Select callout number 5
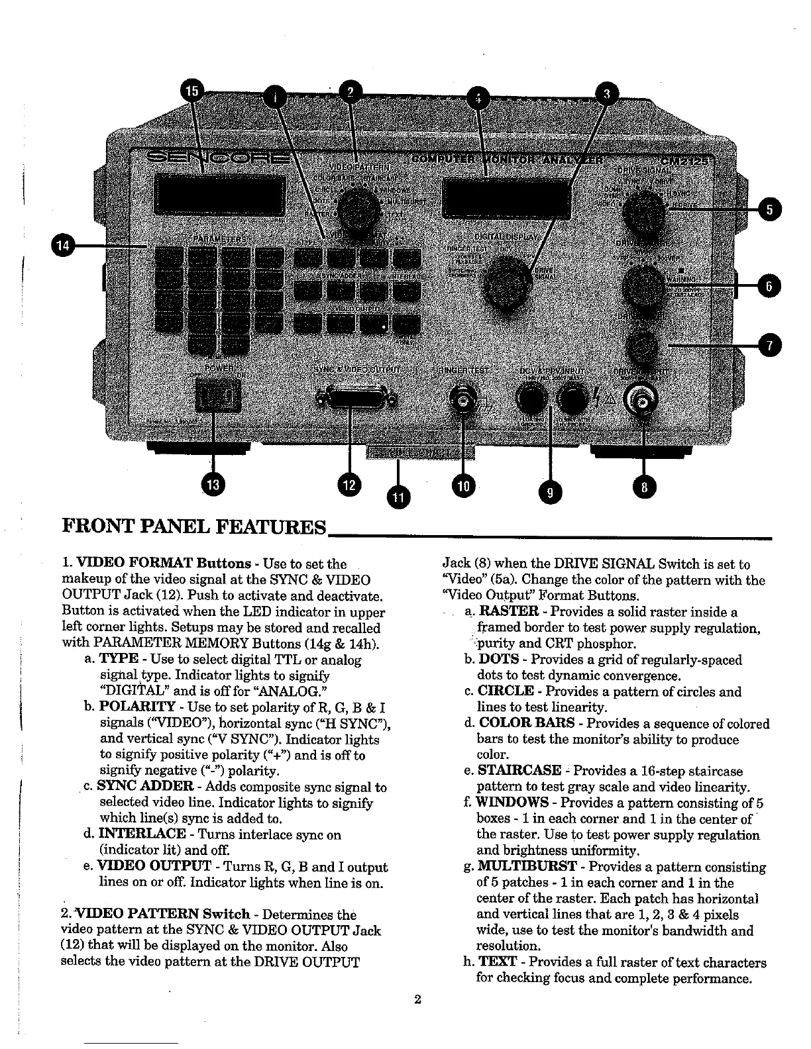tap(769, 210)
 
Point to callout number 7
tap(769, 345)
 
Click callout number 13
tap(213, 485)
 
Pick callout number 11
tap(398, 497)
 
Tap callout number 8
tap(642, 488)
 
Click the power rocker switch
tap(215, 399)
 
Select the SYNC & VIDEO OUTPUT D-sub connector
tap(357, 399)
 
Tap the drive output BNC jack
tap(642, 399)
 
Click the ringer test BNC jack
tap(462, 399)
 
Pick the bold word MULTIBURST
tap(526, 867)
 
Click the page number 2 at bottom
tap(417, 1000)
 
